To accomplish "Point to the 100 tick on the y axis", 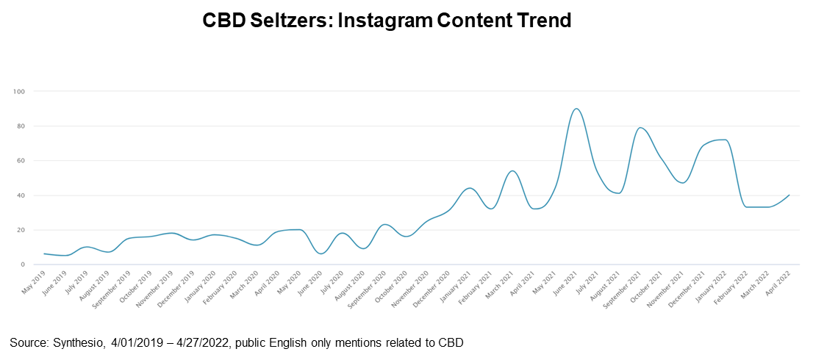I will click(19, 92).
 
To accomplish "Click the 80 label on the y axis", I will click(21, 126).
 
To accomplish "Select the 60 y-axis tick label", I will click(21, 161).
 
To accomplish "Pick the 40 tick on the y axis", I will click(21, 195).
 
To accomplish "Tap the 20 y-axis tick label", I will click(21, 230).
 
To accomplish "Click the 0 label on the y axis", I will click(22, 264).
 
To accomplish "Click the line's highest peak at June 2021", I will click(577, 109).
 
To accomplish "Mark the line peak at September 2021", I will click(641, 128).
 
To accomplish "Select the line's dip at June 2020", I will click(321, 253).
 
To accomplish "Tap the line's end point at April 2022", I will click(789, 195).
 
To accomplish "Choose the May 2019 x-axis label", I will click(34, 279).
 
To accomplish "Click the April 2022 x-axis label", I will click(779, 280).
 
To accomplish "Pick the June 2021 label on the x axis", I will click(567, 280).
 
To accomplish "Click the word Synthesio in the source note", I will click(76, 342).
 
